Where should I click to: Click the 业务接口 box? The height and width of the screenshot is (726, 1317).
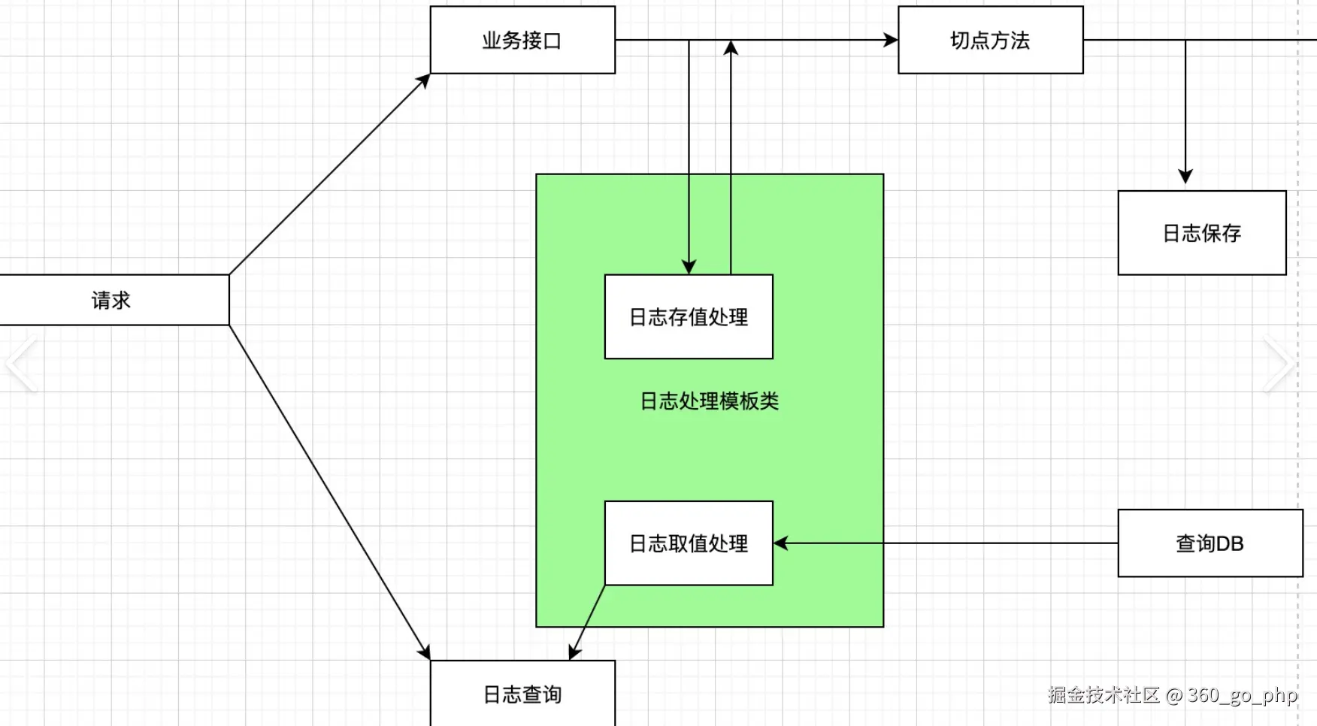click(x=522, y=40)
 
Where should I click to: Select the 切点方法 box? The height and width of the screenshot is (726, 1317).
click(x=990, y=40)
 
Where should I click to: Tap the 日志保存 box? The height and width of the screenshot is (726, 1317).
click(x=1201, y=233)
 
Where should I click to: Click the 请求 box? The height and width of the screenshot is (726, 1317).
click(x=113, y=300)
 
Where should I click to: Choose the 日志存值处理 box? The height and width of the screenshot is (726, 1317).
click(x=689, y=316)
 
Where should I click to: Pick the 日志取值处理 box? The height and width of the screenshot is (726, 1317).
click(x=689, y=543)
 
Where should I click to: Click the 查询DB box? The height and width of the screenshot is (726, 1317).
click(x=1210, y=543)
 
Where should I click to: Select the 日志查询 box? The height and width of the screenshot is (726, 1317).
click(x=522, y=694)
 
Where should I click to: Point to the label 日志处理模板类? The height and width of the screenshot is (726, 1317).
click(x=709, y=401)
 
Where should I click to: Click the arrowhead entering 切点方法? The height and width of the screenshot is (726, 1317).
click(x=891, y=40)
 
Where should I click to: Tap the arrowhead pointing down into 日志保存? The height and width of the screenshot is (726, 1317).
click(x=1185, y=177)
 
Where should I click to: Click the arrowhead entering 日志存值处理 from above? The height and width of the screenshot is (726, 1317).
click(x=689, y=267)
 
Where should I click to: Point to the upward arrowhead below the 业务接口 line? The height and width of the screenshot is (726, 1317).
click(x=731, y=48)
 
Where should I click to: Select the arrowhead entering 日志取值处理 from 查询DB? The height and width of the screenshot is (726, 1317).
click(x=781, y=543)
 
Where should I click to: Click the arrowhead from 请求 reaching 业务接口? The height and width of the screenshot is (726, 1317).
click(x=424, y=80)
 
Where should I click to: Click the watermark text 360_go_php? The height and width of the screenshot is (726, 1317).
click(x=1242, y=695)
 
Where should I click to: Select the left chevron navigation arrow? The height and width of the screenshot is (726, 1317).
click(x=21, y=364)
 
